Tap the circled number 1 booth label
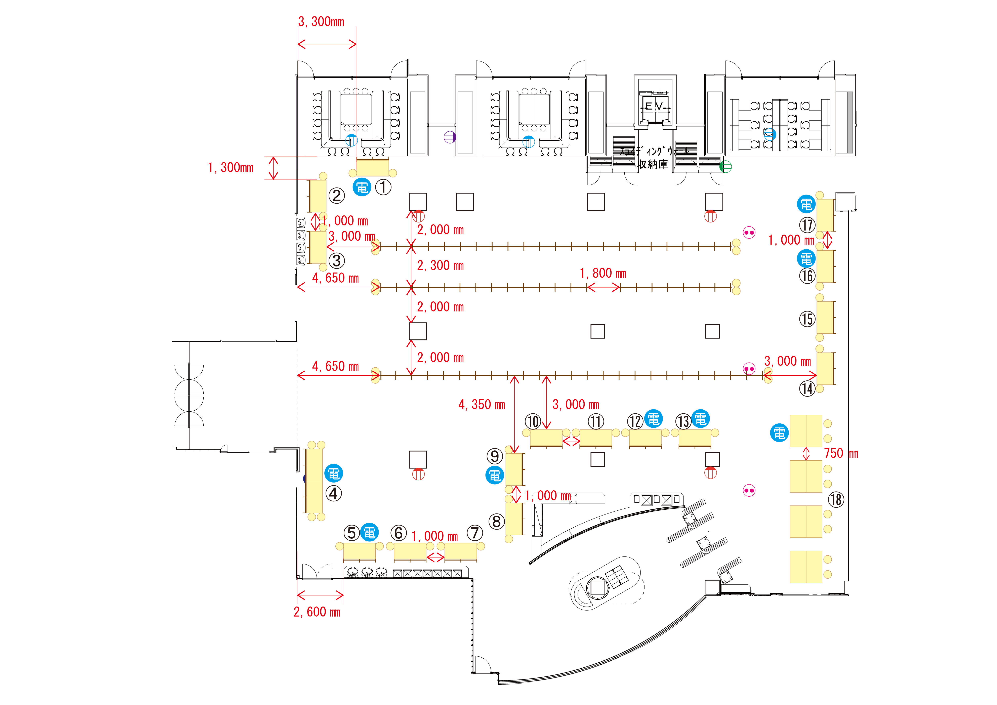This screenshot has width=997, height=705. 383,188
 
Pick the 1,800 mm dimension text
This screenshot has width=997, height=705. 603,273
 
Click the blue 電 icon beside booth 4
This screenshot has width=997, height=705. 333,473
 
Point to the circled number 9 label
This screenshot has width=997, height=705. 495,456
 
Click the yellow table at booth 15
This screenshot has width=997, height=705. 825,317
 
